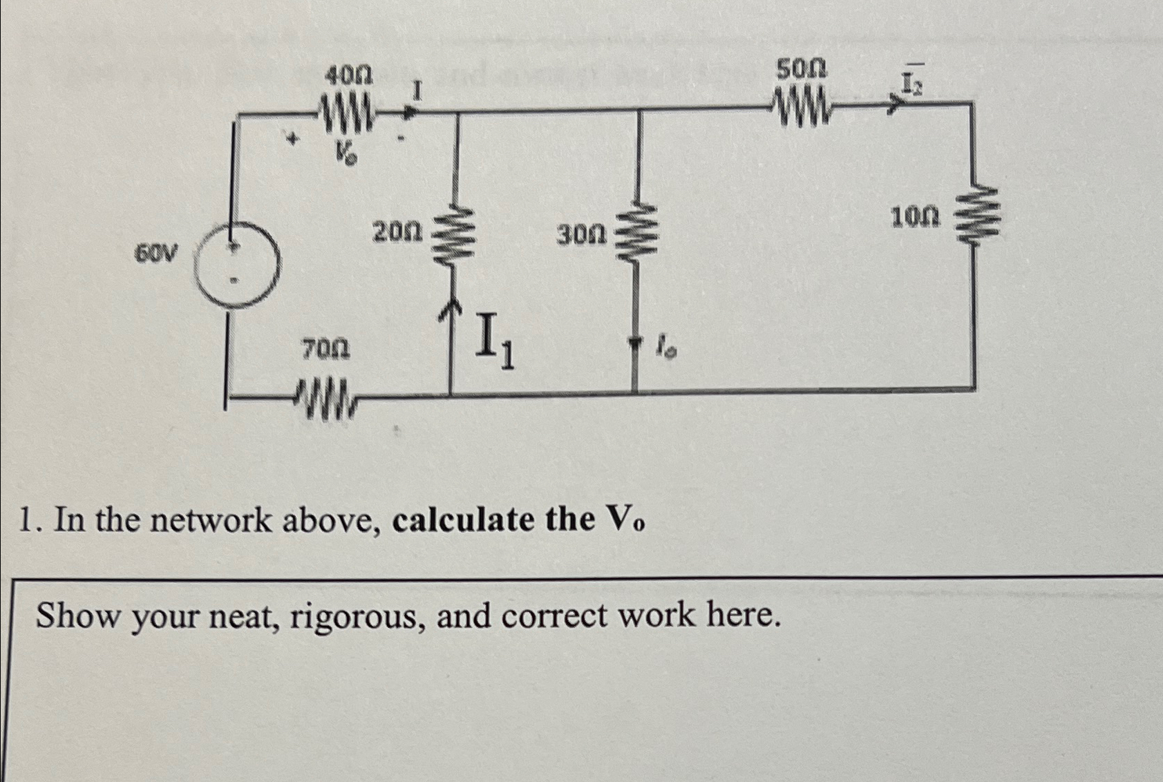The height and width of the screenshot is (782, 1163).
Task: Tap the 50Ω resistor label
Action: (801, 70)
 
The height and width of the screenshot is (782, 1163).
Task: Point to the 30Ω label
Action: (581, 236)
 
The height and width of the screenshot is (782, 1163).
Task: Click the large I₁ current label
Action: (495, 341)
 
